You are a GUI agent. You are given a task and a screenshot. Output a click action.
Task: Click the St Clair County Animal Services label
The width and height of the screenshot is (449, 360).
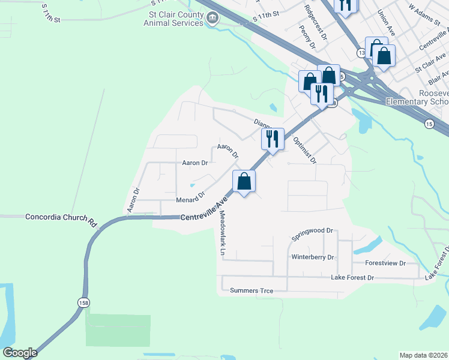coord(173,18)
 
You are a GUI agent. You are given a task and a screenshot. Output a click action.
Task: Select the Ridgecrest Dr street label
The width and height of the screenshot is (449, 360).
coord(315,23)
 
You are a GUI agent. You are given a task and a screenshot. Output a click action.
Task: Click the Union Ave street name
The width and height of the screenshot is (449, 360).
coord(386,21)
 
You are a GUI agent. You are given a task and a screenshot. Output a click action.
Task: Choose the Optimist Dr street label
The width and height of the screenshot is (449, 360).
coord(304,150)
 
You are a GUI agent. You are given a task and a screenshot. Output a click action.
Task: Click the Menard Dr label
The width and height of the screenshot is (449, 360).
coord(190,197)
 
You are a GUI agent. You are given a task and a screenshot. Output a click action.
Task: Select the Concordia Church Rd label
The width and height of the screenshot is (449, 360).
coord(61,218)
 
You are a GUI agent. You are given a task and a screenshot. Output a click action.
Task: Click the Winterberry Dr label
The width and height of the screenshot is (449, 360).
coord(312,257)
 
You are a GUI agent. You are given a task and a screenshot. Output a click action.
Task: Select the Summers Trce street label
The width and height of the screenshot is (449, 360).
coord(252,291)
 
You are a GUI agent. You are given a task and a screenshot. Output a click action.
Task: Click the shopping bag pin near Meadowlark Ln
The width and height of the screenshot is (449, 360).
coord(244,181)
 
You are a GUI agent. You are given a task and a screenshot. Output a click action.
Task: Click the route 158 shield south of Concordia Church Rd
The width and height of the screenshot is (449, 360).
coord(83,303)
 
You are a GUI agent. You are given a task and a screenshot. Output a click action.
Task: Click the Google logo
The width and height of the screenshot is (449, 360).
coord(20,353)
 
